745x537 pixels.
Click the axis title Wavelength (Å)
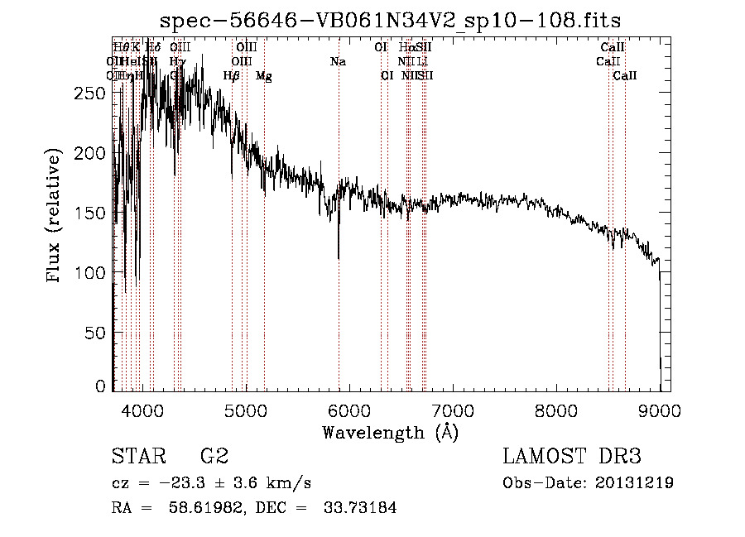coord(390,432)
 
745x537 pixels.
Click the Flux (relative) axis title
coord(55,215)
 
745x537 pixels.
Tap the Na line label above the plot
coord(338,62)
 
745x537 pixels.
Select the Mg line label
coord(263,76)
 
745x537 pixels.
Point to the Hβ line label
coord(232,76)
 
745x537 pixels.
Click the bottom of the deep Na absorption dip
coord(339,258)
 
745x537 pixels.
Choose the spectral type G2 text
coord(214,458)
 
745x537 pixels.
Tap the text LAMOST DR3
coord(572,458)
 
